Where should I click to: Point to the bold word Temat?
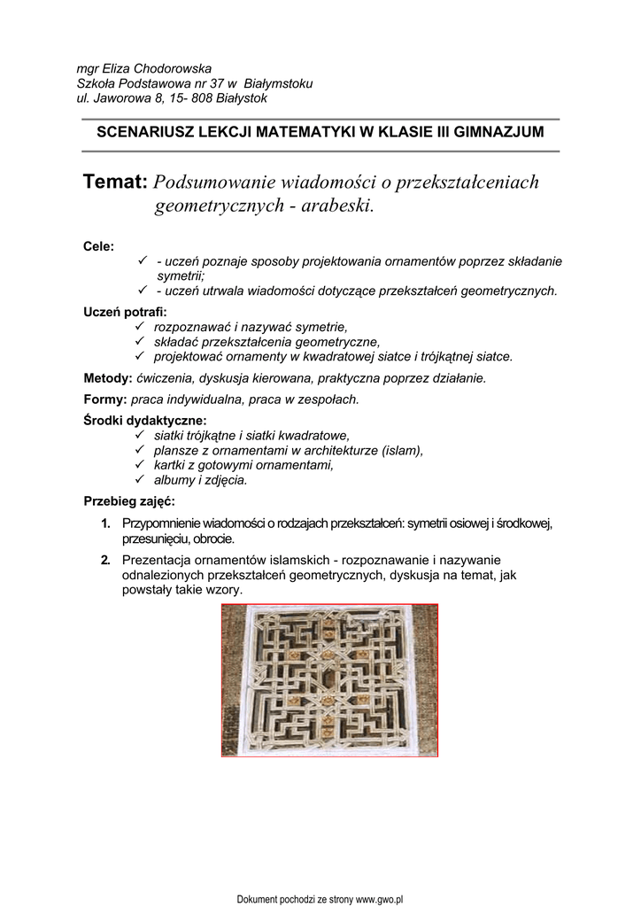tap(114, 182)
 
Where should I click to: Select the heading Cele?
tap(98, 246)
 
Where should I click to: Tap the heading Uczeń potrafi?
tap(125, 312)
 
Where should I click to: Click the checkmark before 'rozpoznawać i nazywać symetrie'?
tap(139, 327)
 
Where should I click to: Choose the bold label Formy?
tap(105, 399)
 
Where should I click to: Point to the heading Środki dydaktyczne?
tap(144, 421)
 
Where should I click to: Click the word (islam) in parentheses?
tap(402, 450)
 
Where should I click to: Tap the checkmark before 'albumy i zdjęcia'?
tap(139, 480)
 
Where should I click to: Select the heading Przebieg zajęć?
tap(129, 501)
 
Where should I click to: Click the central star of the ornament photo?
tap(329, 680)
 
